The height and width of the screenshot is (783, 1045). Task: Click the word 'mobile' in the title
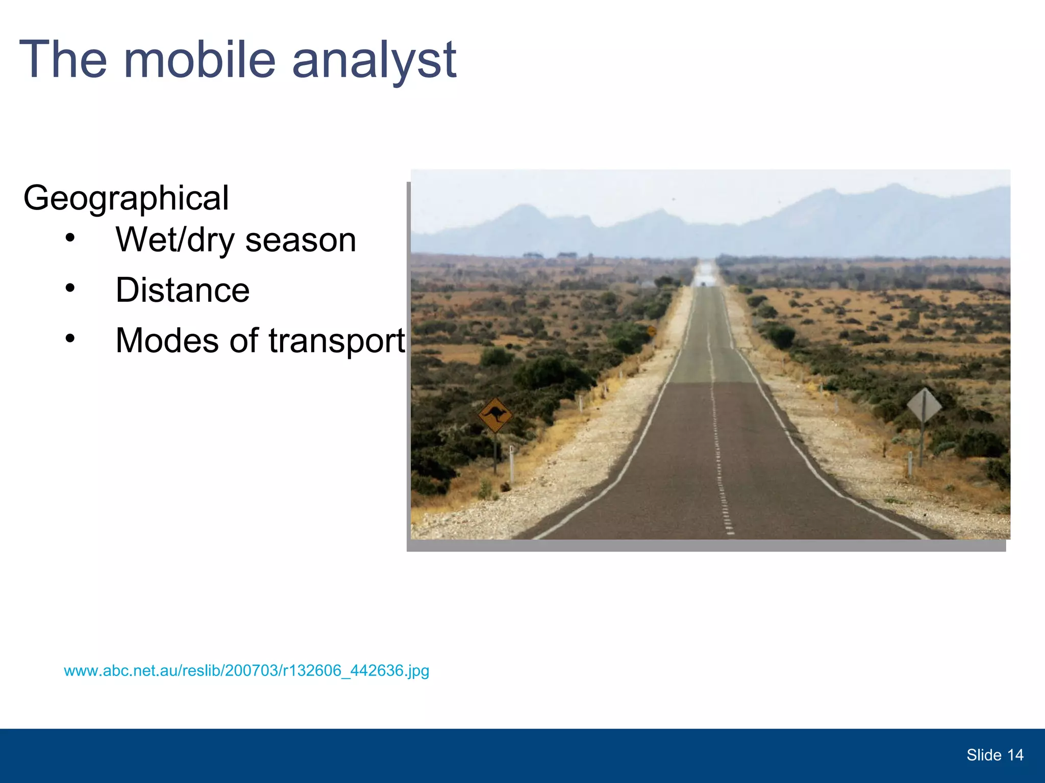tap(199, 60)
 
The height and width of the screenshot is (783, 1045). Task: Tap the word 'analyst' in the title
tap(374, 60)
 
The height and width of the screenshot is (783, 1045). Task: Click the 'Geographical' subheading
tap(126, 198)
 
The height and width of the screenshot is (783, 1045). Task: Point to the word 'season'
tap(301, 240)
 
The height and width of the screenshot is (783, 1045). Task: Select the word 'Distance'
tap(183, 290)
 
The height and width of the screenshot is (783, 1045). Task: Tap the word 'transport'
tap(337, 341)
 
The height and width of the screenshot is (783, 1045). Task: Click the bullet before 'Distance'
tap(70, 289)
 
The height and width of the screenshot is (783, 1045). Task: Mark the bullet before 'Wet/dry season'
tap(70, 238)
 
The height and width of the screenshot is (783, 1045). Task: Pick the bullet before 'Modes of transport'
tap(70, 338)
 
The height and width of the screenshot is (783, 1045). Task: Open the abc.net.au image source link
tap(246, 670)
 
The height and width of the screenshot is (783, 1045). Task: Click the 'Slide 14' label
tap(994, 755)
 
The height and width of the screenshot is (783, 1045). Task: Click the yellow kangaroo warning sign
tap(495, 415)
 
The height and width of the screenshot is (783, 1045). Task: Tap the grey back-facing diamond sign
tap(924, 405)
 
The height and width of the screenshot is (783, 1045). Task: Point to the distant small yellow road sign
tap(652, 331)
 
